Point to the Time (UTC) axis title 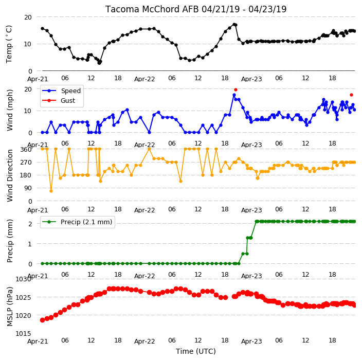point(196,351)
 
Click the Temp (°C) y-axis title point(9,44)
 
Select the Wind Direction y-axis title point(9,175)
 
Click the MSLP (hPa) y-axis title point(9,307)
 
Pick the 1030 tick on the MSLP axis point(23,279)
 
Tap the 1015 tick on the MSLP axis point(23,333)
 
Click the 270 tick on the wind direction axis point(26,163)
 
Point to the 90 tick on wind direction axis point(28,188)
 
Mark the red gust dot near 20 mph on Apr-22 point(236,89)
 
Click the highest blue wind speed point point(234,95)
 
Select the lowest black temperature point point(99,63)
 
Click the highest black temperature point point(234,24)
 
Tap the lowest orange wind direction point point(51,191)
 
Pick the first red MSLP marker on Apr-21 point(42,320)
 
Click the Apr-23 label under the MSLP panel point(251,341)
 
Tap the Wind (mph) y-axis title point(9,110)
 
